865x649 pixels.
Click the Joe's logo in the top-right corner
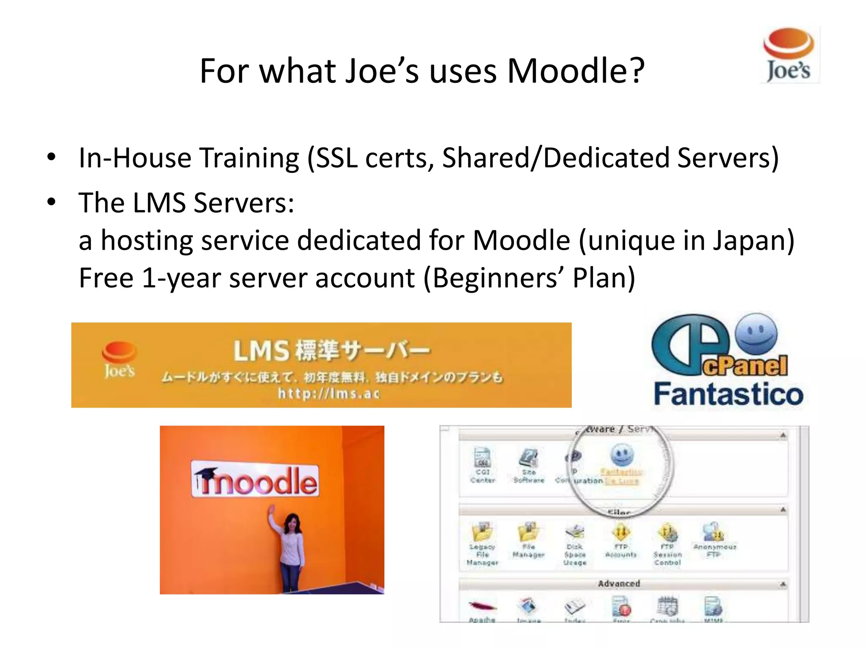[x=789, y=55]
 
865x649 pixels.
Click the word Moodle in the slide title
[x=576, y=71]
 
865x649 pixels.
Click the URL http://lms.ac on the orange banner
[x=329, y=394]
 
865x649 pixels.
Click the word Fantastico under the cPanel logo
[x=728, y=395]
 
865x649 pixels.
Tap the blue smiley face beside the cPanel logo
[x=756, y=334]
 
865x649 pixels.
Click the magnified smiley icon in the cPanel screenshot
[x=621, y=455]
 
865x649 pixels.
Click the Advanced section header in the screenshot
[x=619, y=584]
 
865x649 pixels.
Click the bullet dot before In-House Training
[x=52, y=157]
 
